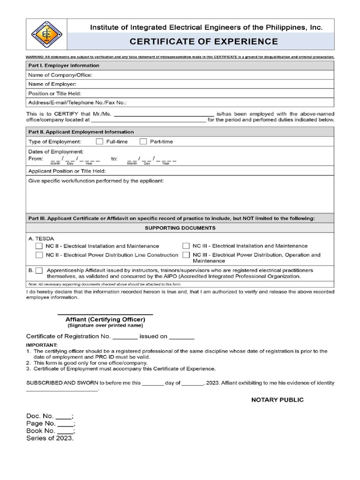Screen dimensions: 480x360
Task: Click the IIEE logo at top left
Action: coord(46,34)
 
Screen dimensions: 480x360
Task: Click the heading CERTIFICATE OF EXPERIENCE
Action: coord(203,41)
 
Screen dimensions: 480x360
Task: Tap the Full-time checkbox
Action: coord(99,141)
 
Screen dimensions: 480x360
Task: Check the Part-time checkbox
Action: coord(143,141)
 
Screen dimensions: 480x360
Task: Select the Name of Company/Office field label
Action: coord(60,75)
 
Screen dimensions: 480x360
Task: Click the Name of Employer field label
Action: coord(52,84)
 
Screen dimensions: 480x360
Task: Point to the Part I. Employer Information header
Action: coord(64,66)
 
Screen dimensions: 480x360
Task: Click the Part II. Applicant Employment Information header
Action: coord(81,132)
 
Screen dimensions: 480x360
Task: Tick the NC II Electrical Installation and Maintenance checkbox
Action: coord(39,246)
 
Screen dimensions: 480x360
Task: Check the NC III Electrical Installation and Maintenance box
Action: coord(186,246)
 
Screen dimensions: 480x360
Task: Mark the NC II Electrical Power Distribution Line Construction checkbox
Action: coord(39,255)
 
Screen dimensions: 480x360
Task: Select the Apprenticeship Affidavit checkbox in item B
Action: coord(39,270)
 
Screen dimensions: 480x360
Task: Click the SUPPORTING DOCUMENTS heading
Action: coord(180,228)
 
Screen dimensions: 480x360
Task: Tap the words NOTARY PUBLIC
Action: coord(277,400)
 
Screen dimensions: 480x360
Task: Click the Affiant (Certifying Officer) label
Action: coord(105,319)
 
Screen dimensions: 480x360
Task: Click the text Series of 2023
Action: coord(50,438)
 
